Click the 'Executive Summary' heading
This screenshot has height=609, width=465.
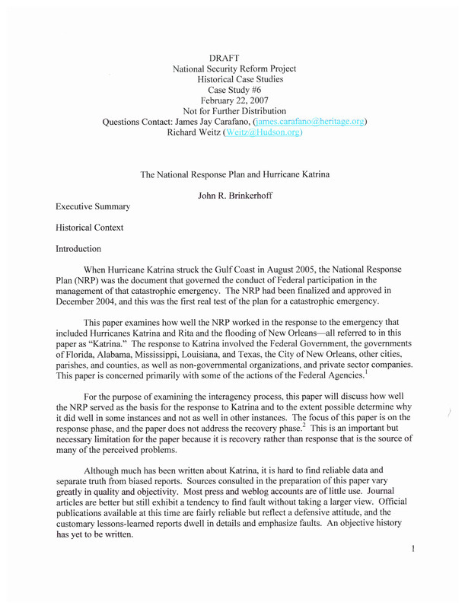92,206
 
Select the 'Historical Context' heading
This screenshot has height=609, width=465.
89,228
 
